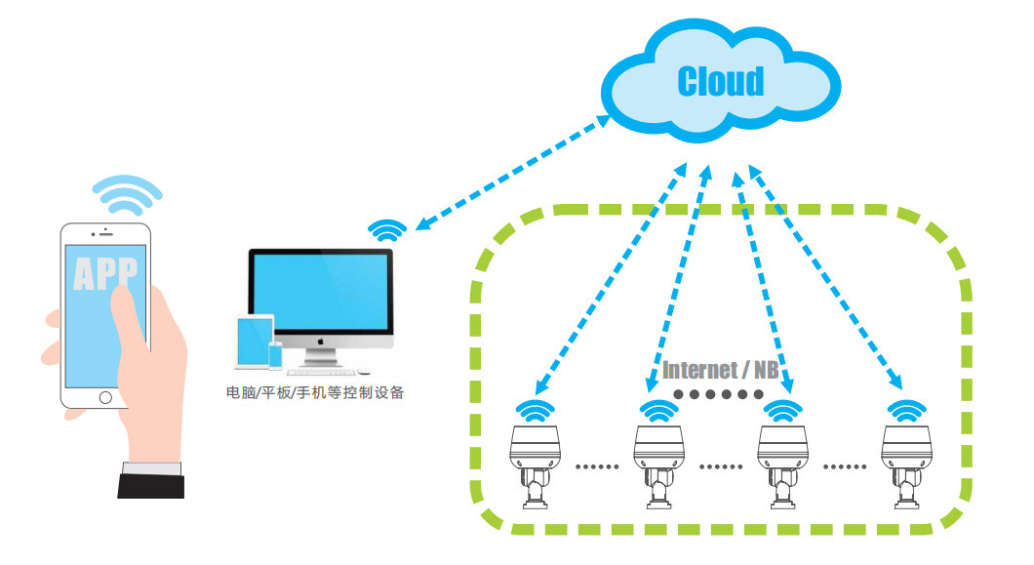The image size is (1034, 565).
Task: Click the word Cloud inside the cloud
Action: point(721,81)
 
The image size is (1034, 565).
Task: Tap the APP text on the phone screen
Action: point(105,272)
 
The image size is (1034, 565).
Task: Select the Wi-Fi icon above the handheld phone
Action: point(127,195)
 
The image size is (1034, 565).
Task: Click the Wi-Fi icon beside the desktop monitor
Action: point(388,230)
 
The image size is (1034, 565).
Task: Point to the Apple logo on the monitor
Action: point(321,343)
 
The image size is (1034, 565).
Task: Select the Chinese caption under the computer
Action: point(314,394)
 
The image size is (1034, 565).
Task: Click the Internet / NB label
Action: point(721,370)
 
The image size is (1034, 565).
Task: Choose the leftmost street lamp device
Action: point(534,464)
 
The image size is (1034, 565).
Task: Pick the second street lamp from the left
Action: point(658,464)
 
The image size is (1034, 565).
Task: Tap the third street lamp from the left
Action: point(783,464)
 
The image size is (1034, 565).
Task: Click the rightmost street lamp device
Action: point(906,464)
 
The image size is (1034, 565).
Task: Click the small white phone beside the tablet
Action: point(275,354)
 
